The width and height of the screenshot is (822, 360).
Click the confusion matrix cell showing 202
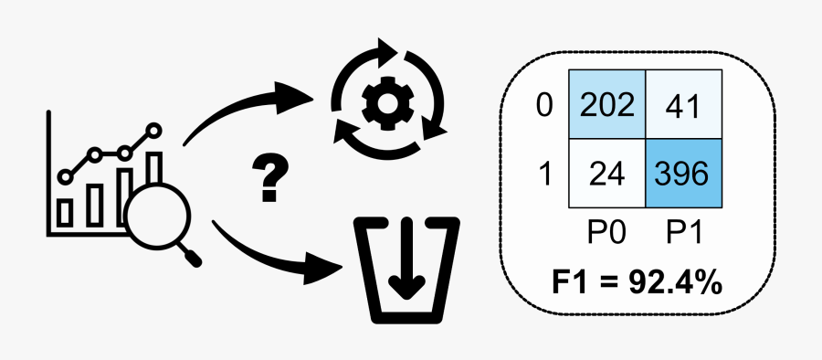(606, 106)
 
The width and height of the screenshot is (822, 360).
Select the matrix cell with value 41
(677, 106)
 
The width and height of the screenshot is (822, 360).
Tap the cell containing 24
(606, 174)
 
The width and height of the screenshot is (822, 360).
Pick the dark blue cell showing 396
(677, 174)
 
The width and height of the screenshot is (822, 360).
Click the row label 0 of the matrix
(544, 106)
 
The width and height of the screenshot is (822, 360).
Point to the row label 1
(545, 174)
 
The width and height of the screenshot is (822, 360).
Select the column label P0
(606, 234)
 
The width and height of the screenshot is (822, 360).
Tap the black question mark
(268, 179)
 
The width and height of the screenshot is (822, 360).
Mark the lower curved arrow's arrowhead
(326, 270)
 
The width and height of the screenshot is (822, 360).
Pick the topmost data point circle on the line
(155, 129)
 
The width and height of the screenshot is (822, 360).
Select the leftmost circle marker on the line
(64, 174)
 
